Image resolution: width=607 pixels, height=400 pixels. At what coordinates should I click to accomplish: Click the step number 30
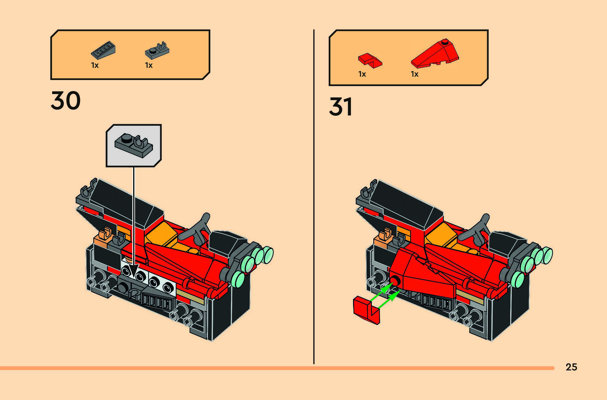pos(65,101)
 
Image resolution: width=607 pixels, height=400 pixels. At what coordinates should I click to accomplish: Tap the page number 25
pos(571,367)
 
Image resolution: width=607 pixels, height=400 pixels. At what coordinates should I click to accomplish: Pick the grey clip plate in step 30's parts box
pos(157,50)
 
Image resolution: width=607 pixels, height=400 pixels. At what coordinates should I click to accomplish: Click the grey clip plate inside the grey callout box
pos(134,145)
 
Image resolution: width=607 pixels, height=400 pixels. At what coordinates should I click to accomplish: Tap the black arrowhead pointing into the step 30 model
pos(133,271)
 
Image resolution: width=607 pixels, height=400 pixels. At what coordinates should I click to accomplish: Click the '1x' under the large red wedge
pos(415,74)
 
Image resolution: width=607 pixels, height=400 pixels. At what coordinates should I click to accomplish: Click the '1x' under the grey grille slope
pos(95,65)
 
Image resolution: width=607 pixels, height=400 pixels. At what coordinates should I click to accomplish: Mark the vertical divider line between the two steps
pos(314,196)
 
